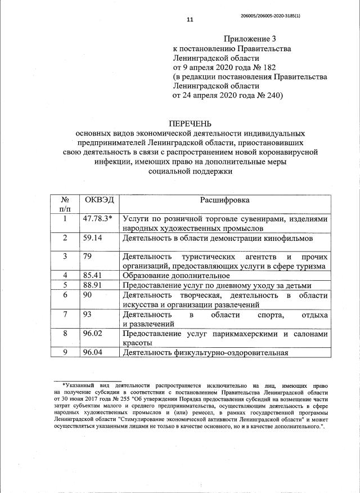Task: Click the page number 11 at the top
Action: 190,20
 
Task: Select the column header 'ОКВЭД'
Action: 98,200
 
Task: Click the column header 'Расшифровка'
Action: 224,200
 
